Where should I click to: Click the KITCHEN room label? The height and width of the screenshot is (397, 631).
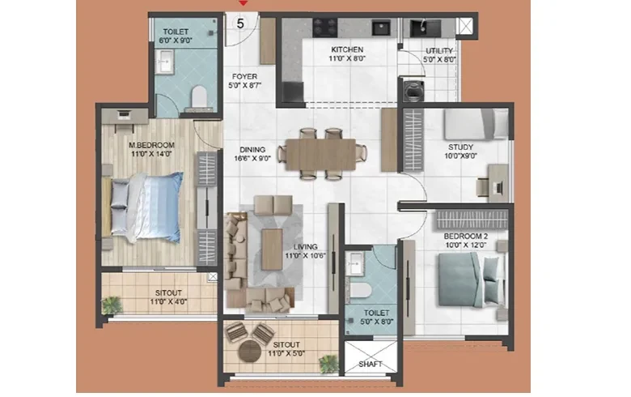coord(347,49)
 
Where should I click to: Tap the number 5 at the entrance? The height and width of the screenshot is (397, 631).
coord(240,23)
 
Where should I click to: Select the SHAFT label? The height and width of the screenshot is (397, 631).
coord(371,364)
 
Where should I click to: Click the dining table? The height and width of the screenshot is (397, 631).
coord(320,155)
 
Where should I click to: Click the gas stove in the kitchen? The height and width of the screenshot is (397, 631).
coord(324,28)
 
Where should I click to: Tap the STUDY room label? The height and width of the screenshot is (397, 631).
coord(461,147)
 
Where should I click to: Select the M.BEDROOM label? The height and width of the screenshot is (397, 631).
coord(152,145)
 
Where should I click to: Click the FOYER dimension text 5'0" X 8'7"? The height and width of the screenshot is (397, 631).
coord(244,85)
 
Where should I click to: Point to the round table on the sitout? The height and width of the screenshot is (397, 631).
coord(249,352)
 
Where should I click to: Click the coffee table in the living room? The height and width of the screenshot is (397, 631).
coord(272,249)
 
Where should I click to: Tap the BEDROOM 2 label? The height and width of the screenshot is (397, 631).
coord(466,237)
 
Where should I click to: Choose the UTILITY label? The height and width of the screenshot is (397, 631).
coord(439,51)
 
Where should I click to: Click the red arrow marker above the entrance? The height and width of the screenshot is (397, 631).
coord(243,3)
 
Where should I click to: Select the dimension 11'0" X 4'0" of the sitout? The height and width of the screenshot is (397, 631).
coord(168,301)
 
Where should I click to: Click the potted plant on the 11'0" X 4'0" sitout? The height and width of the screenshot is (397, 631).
coord(112,305)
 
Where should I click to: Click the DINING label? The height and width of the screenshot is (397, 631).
coord(252,150)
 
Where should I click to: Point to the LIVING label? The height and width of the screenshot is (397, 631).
coord(306,246)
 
